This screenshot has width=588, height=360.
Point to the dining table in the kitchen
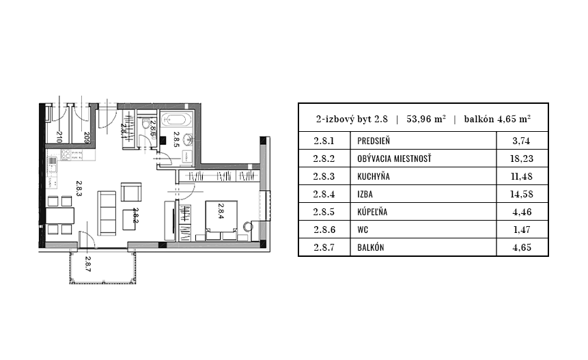(x=60, y=215)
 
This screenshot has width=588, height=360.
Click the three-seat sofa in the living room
(x=107, y=212)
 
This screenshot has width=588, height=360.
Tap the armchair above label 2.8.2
(x=130, y=192)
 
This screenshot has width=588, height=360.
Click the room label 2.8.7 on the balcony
(x=89, y=262)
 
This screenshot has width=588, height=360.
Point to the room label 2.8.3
(x=80, y=189)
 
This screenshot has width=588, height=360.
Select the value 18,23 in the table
(x=522, y=159)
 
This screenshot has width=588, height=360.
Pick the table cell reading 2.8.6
(x=324, y=230)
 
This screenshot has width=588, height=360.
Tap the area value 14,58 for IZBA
(x=522, y=195)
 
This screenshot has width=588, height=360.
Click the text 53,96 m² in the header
(x=426, y=117)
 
